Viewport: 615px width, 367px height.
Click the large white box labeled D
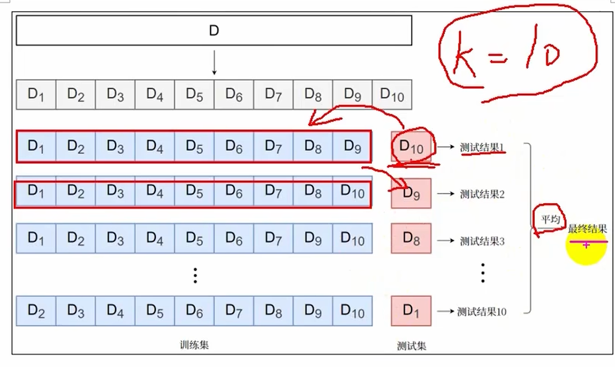coord(214,30)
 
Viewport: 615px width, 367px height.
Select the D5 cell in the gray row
coord(194,95)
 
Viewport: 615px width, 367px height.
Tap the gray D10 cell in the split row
coord(392,95)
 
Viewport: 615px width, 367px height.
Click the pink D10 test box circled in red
coord(411,146)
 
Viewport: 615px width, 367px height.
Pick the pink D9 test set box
coord(411,193)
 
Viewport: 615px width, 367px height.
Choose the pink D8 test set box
coord(411,239)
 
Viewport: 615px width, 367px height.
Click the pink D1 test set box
coord(411,311)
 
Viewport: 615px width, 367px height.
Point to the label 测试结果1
coord(482,147)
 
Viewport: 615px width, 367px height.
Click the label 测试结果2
coord(482,194)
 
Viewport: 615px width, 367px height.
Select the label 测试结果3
coord(482,241)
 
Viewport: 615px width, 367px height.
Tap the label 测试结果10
coord(481,311)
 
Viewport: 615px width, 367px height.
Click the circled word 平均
coord(550,219)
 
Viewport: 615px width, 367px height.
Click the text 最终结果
coord(587,230)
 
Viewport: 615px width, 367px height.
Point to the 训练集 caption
coord(194,345)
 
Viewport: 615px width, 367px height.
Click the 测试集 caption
coord(412,346)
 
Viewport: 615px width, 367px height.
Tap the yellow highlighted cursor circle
coord(587,246)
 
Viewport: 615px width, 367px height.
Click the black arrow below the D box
coord(214,63)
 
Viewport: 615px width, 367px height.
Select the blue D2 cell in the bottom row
coord(36,311)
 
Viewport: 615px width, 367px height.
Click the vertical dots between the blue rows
coord(195,275)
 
